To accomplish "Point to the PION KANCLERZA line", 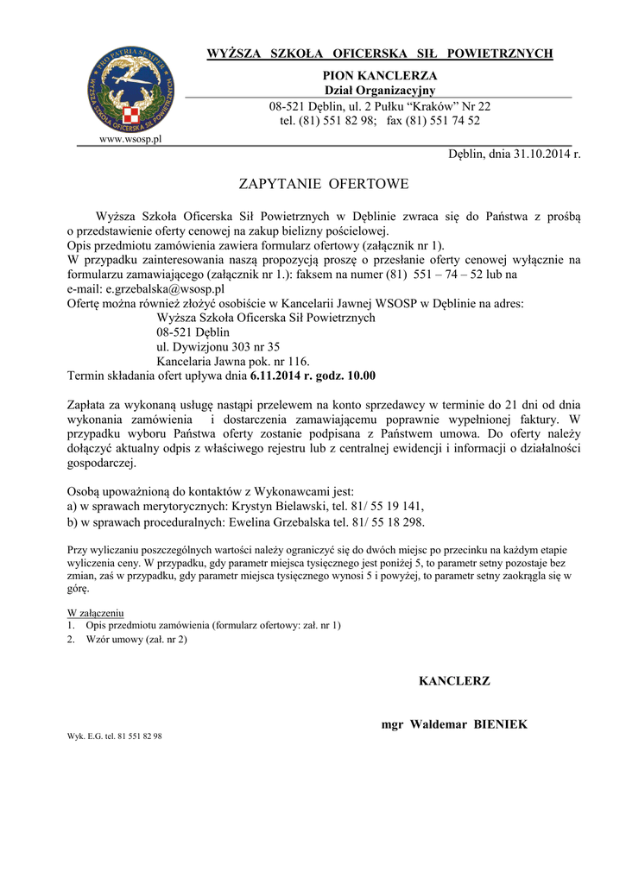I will click(x=380, y=76).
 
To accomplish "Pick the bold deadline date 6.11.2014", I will click(x=278, y=376).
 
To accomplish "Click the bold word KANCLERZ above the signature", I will click(x=454, y=681).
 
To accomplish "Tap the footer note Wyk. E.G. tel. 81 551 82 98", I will click(x=115, y=736).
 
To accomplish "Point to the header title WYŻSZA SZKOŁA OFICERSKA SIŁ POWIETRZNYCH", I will click(x=380, y=54).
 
